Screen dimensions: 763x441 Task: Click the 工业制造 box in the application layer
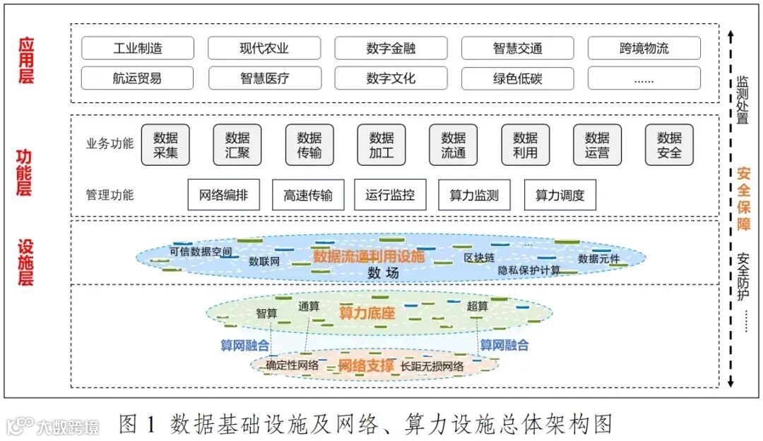137,49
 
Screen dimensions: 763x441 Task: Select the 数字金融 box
391,49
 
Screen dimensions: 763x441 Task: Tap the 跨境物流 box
644,49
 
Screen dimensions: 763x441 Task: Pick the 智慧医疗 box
264,78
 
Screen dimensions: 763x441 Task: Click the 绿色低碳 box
517,78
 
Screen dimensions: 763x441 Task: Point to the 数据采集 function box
165,145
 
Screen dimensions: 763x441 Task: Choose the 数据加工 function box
381,145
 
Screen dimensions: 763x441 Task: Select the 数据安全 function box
669,145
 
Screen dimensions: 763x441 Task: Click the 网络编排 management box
223,195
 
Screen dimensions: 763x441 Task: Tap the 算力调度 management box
560,195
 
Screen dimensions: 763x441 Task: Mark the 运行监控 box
391,195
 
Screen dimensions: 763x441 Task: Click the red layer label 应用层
26,61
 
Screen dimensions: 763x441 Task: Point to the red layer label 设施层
26,262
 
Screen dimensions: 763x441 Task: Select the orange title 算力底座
367,312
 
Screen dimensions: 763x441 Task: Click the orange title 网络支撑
366,366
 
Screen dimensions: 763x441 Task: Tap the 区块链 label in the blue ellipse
479,258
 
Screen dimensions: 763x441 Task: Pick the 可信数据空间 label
201,251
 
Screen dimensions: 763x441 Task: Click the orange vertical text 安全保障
743,198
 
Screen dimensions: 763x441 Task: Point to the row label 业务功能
110,144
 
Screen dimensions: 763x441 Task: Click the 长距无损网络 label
432,366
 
